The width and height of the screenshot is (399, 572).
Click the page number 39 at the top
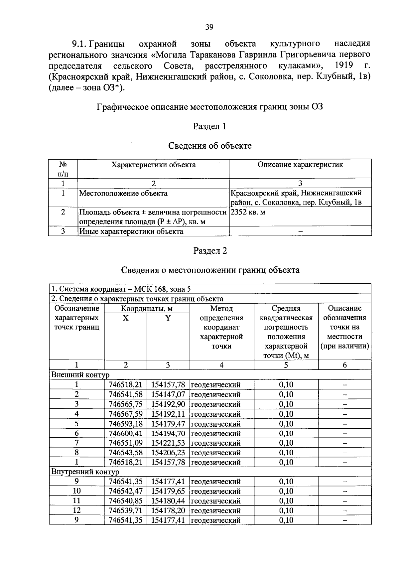click(209, 27)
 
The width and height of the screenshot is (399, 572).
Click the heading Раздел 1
click(210, 126)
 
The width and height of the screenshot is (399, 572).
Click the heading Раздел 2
click(210, 251)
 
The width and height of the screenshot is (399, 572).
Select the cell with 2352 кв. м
click(248, 212)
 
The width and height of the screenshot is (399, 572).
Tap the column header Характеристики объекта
click(153, 165)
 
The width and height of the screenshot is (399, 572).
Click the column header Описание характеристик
click(300, 165)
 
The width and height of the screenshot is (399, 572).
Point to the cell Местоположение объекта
click(123, 194)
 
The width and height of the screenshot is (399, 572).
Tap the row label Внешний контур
click(80, 375)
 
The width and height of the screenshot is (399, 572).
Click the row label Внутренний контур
click(85, 472)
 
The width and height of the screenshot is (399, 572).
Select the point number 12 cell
click(76, 510)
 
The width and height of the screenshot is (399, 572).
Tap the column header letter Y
click(168, 318)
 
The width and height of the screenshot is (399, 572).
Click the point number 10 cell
click(76, 491)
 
